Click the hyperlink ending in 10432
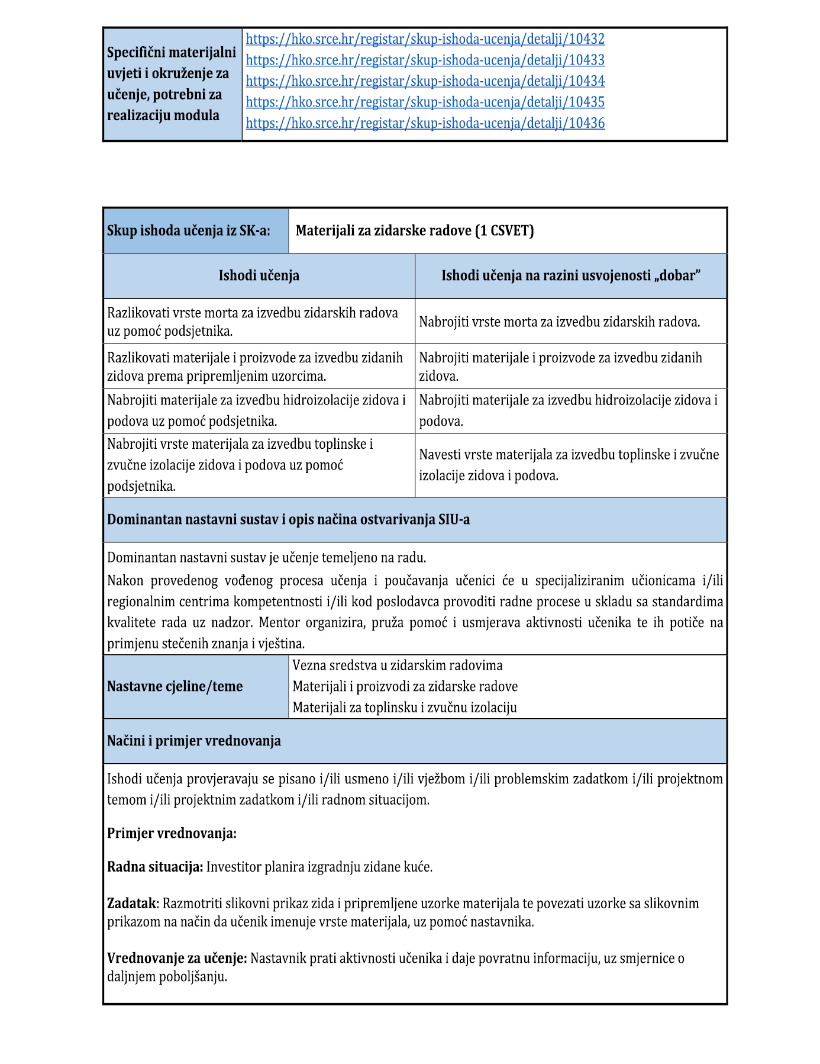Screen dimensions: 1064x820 (x=425, y=39)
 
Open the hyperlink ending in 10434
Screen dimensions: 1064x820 (x=425, y=81)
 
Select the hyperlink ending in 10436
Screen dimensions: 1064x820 (x=425, y=123)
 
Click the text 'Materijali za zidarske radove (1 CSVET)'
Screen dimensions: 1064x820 (x=414, y=230)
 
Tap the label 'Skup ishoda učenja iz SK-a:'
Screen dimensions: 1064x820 (x=188, y=230)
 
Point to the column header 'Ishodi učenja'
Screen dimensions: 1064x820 (x=259, y=275)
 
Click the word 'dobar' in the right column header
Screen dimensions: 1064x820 (x=680, y=275)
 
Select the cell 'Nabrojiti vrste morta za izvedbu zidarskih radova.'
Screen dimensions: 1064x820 (x=559, y=322)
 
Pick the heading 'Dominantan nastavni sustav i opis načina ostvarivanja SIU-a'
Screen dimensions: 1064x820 (x=288, y=519)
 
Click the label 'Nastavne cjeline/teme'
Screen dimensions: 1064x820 (x=175, y=686)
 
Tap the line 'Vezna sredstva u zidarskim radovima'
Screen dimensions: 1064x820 (x=397, y=666)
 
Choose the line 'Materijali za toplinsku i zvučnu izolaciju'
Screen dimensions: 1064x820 (x=404, y=708)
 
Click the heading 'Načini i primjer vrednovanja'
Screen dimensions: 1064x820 (x=193, y=741)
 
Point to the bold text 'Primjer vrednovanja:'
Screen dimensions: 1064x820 (x=172, y=833)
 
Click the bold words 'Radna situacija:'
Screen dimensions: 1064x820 (x=155, y=867)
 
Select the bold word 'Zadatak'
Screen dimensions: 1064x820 (x=132, y=904)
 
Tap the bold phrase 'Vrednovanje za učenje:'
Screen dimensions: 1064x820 (x=176, y=958)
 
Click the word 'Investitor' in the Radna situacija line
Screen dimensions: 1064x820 (x=234, y=867)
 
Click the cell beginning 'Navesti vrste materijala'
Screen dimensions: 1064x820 (x=569, y=465)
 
